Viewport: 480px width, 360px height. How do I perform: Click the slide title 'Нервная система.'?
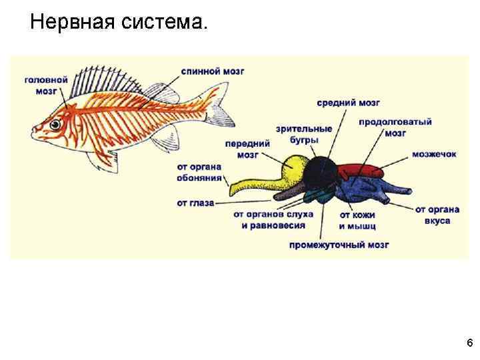click(119, 23)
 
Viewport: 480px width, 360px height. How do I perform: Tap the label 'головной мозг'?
click(46, 85)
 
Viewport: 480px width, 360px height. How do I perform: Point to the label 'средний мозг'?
click(348, 103)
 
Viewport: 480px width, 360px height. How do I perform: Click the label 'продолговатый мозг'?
click(395, 127)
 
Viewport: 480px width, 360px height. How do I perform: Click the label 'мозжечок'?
click(434, 154)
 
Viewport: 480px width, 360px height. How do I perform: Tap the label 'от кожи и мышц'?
click(357, 220)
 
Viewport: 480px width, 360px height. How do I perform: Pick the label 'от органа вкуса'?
click(437, 215)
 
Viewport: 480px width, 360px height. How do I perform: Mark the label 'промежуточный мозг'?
click(339, 245)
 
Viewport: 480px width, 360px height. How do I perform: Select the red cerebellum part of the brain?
click(360, 171)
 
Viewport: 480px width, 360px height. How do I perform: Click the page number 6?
click(469, 343)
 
